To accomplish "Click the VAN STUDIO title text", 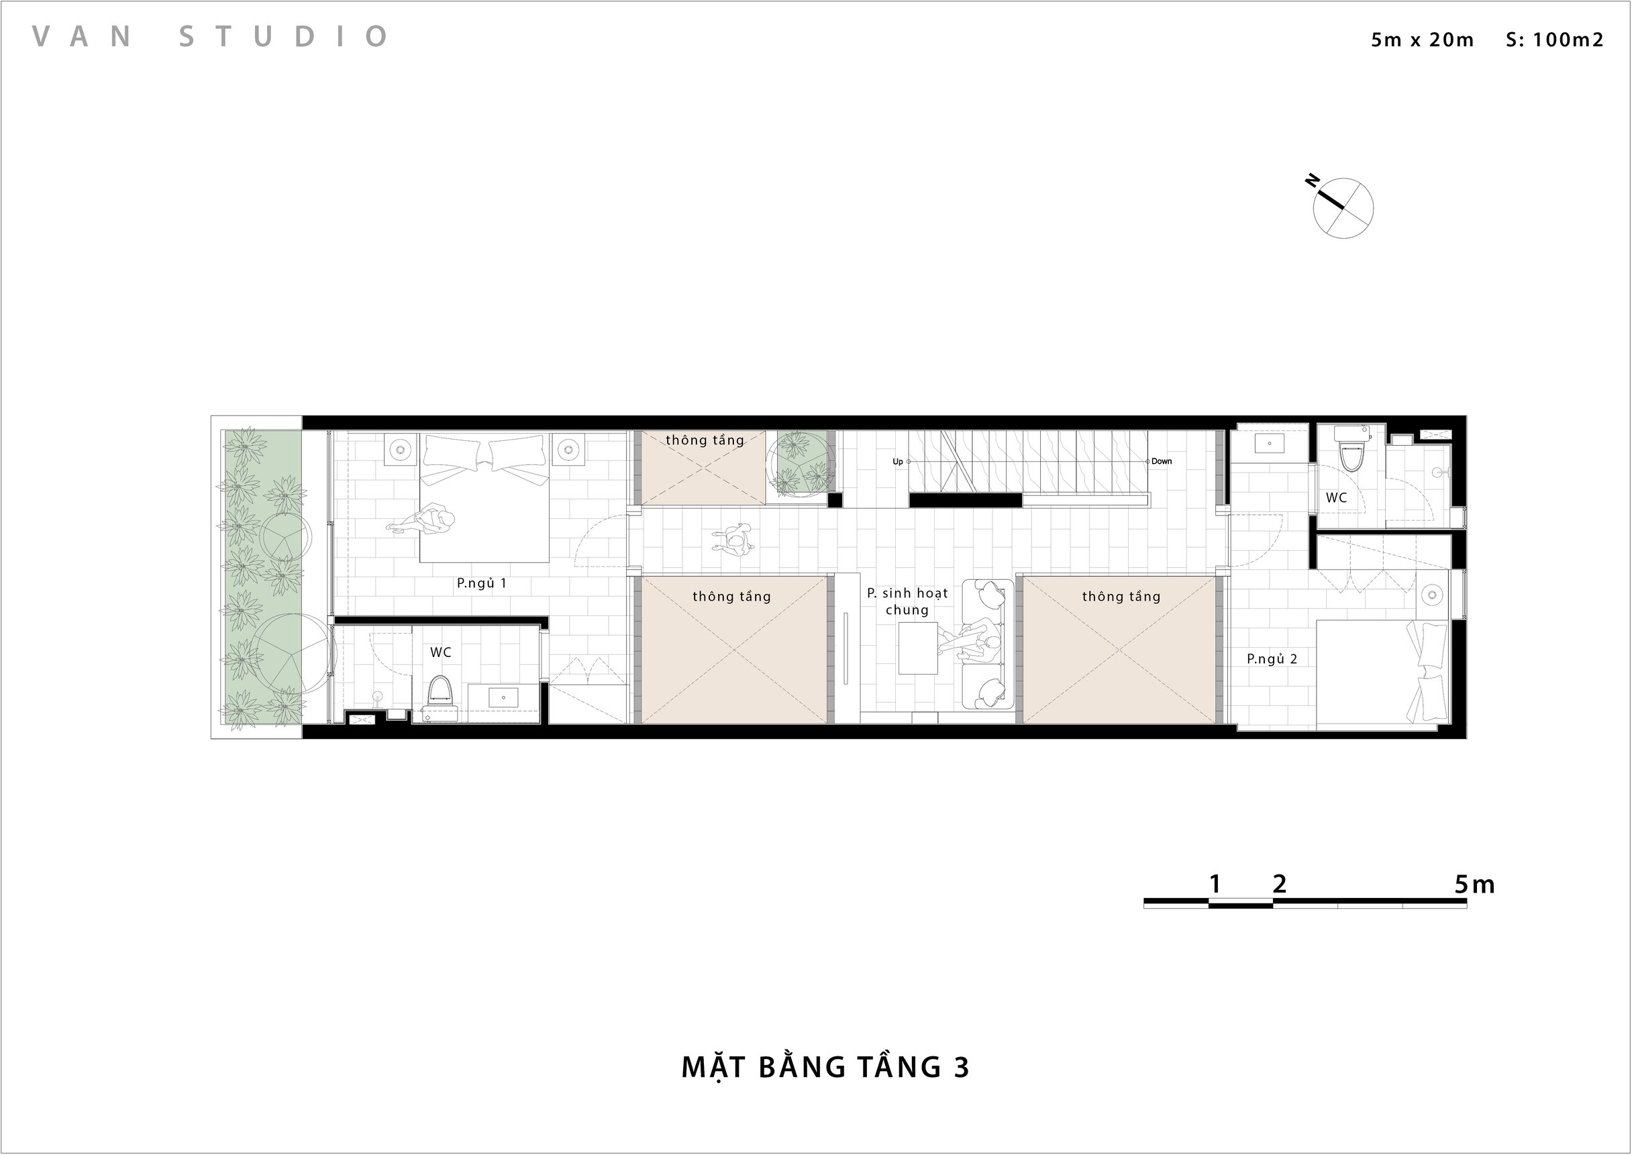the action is tap(210, 36).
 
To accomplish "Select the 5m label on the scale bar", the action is tap(1474, 884).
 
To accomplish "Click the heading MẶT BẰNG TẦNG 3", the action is tap(825, 1068).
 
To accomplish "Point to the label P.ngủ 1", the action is tap(481, 583).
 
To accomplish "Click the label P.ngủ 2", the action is tap(1272, 659).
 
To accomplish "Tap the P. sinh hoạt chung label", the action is tap(907, 601).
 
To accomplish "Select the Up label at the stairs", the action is tap(897, 462).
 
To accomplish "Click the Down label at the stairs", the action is tap(1161, 461).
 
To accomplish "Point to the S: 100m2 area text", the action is tap(1554, 39).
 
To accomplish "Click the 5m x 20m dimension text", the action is tap(1423, 39).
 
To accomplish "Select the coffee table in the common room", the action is tap(917, 648).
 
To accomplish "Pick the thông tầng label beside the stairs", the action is tap(705, 440).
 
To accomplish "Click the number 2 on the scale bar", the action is tap(1279, 884).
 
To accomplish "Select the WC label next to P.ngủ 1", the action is tap(440, 652).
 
